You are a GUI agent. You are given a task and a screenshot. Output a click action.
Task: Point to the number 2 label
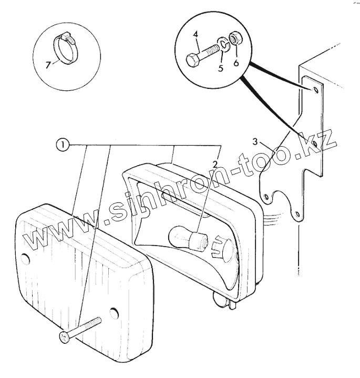tap(215, 164)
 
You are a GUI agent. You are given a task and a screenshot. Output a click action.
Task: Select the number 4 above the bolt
tap(195, 35)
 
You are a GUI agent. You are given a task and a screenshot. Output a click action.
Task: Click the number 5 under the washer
tap(221, 68)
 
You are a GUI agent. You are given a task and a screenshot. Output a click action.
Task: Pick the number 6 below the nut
tap(236, 63)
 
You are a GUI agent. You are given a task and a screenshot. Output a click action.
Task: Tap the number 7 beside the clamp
tap(48, 65)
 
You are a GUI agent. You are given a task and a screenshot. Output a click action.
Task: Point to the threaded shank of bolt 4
tap(209, 52)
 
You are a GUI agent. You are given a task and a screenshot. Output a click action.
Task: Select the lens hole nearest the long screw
tap(114, 314)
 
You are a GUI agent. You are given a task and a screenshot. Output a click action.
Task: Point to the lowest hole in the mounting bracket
tap(297, 214)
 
